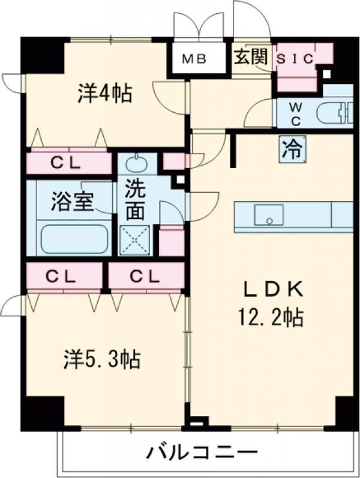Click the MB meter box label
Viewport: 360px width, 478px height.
(x=194, y=59)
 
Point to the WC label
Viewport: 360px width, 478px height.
(x=296, y=112)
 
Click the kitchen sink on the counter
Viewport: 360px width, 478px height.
(x=268, y=214)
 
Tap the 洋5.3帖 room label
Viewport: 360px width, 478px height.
(x=103, y=360)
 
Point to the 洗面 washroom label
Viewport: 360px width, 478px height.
(x=135, y=201)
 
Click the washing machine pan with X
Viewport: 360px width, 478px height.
(x=135, y=240)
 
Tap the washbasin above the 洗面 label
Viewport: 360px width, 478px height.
(x=136, y=163)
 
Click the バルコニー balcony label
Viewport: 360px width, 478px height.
(x=202, y=451)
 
